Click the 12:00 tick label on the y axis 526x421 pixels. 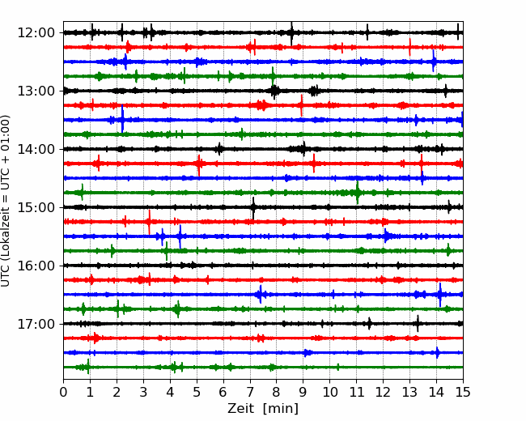[36, 33]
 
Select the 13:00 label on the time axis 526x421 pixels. [36, 91]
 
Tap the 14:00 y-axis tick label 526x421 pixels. [36, 149]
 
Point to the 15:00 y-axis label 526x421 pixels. [36, 207]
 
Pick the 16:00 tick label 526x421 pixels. [36, 266]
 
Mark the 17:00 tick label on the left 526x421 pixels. [36, 324]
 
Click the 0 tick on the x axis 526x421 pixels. [63, 392]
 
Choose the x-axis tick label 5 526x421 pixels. [197, 392]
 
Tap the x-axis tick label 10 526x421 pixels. [329, 392]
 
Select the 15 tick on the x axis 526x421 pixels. [463, 392]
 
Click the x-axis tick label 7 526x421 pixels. [250, 392]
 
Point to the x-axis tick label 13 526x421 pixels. [409, 392]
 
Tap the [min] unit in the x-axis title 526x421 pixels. [281, 409]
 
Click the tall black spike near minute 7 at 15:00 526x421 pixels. [253, 208]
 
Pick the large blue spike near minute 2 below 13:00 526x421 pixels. [122, 118]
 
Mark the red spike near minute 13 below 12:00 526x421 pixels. [410, 47]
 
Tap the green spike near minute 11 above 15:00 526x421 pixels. [358, 193]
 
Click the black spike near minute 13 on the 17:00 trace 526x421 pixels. [418, 324]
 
